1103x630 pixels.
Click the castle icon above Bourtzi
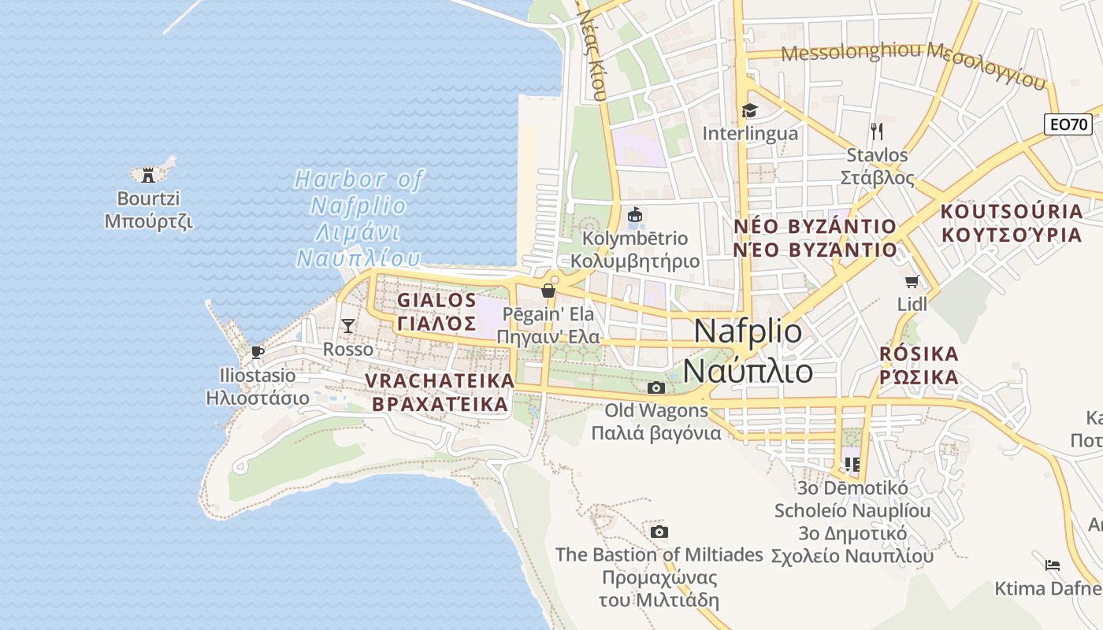pos(147,175)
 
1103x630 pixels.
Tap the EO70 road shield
pos(1068,124)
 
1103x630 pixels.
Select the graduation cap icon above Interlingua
pos(749,110)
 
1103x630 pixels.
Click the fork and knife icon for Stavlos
pos(877,131)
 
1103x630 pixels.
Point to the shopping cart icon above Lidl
pos(912,281)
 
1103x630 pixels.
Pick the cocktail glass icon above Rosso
pos(347,325)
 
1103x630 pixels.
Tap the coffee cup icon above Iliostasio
pos(257,352)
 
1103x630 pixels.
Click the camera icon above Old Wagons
pos(655,387)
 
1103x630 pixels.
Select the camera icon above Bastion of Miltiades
pos(659,532)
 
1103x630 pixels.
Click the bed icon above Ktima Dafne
pos(1053,565)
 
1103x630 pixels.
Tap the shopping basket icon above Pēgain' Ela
pos(548,291)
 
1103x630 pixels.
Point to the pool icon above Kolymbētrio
pos(635,214)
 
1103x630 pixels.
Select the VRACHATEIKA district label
pos(440,392)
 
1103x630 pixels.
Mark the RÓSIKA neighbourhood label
pos(919,365)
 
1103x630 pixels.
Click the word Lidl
pos(912,304)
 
